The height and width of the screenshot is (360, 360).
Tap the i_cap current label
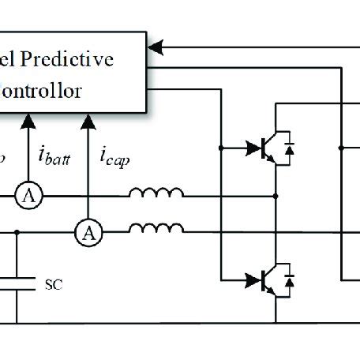tap(114, 155)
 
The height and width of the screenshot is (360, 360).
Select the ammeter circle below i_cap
tap(89, 232)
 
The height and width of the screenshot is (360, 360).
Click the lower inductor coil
tap(156, 228)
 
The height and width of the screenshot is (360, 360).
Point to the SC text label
tap(53, 282)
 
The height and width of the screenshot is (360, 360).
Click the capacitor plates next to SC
tap(17, 283)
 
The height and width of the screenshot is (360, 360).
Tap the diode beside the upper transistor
tap(288, 148)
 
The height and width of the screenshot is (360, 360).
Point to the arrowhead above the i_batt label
tap(28, 119)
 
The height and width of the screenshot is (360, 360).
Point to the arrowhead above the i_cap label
tap(89, 119)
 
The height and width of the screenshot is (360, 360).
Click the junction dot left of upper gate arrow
tap(220, 147)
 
